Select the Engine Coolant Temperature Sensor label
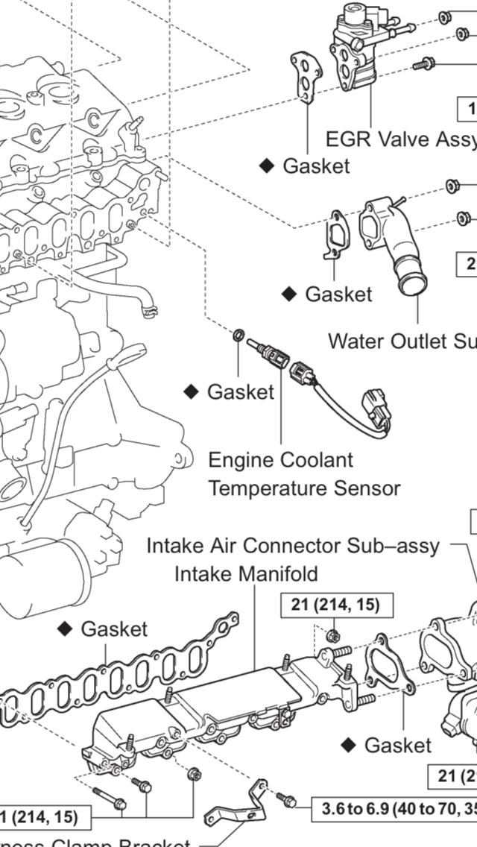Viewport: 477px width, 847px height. tap(303, 474)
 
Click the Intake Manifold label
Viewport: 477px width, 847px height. tap(246, 574)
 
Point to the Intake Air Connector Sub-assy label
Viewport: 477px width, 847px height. tap(293, 546)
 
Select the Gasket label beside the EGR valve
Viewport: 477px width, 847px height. tap(316, 166)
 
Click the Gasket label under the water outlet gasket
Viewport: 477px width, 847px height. tap(338, 294)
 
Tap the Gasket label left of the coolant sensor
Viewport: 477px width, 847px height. tap(240, 391)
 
